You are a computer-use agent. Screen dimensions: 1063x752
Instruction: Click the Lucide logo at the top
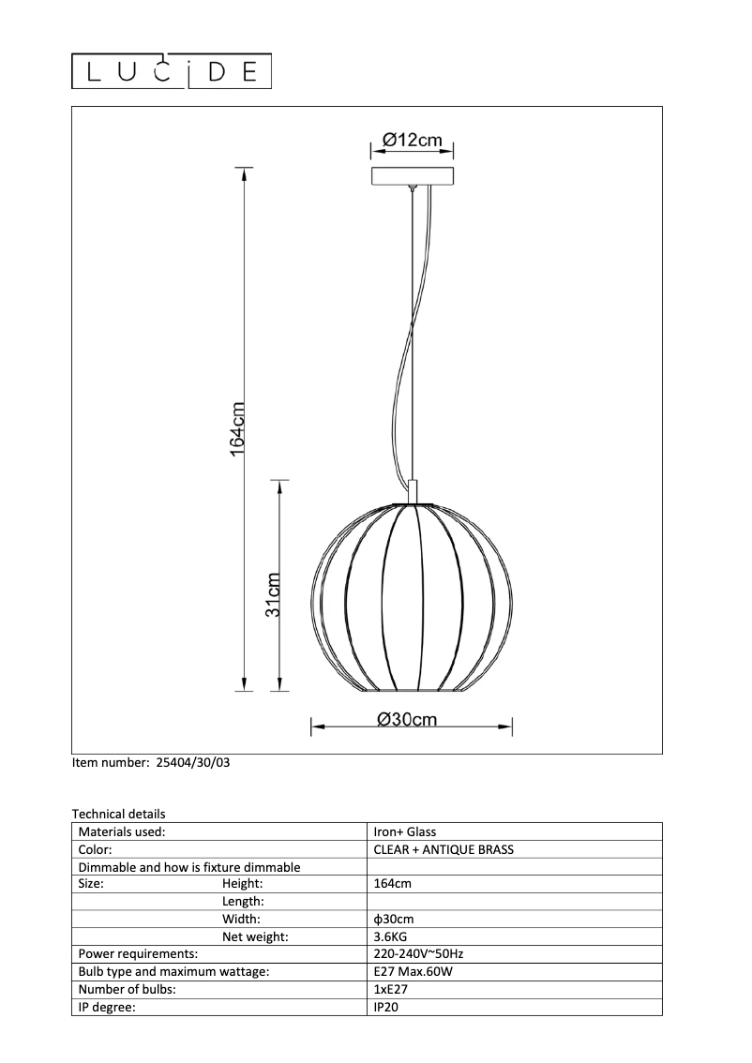click(173, 71)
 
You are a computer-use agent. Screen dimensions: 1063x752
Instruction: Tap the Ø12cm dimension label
click(412, 141)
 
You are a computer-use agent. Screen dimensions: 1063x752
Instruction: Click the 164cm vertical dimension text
click(238, 429)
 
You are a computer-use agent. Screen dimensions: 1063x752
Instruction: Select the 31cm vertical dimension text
click(273, 594)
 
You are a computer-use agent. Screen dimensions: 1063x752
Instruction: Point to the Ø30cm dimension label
click(407, 719)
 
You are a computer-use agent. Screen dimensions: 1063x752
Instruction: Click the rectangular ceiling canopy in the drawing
click(413, 176)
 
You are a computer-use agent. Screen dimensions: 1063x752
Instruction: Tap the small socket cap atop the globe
click(414, 492)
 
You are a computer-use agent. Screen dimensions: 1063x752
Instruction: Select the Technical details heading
click(118, 815)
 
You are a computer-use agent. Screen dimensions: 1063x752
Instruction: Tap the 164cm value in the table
click(392, 884)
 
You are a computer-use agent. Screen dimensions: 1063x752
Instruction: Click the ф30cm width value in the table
click(394, 920)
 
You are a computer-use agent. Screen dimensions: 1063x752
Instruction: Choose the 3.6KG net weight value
click(391, 936)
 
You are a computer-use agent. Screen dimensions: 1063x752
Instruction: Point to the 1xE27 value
click(390, 990)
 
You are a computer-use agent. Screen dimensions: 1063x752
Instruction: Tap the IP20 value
click(385, 1008)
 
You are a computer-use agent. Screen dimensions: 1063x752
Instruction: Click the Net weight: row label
click(255, 936)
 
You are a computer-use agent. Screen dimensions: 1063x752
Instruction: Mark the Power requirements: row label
click(138, 954)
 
